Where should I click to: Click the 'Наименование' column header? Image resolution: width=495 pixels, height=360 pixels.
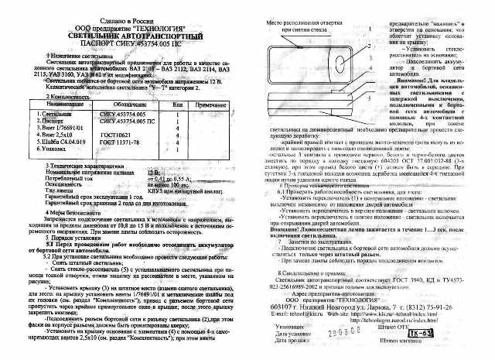pyautogui.click(x=53, y=103)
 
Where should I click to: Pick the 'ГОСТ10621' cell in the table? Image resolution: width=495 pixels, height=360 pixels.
pyautogui.click(x=117, y=134)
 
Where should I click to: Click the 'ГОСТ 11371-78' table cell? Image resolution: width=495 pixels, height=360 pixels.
pyautogui.click(x=122, y=142)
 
